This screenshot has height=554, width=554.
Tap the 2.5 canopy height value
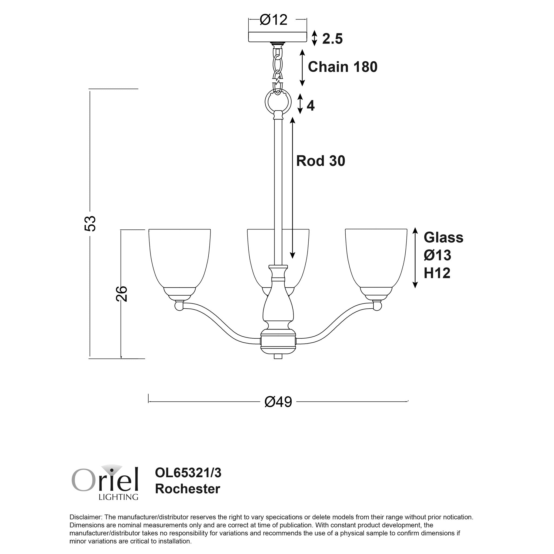pyautogui.click(x=332, y=39)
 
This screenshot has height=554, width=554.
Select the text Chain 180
pyautogui.click(x=342, y=67)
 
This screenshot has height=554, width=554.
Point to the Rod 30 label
pyautogui.click(x=320, y=161)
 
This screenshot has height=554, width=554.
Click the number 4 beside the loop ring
pyautogui.click(x=311, y=106)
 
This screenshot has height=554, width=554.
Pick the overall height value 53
pyautogui.click(x=90, y=223)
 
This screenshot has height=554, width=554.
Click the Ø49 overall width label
pyautogui.click(x=278, y=402)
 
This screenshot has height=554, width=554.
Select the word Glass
pyautogui.click(x=443, y=238)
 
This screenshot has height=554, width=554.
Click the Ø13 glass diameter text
pyautogui.click(x=437, y=255)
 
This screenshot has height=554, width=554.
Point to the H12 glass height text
pyautogui.click(x=437, y=273)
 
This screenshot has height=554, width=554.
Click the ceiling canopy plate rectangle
pyautogui.click(x=277, y=37)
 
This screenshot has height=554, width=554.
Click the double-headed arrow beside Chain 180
pyautogui.click(x=302, y=68)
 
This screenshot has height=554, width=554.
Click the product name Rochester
pyautogui.click(x=188, y=489)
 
